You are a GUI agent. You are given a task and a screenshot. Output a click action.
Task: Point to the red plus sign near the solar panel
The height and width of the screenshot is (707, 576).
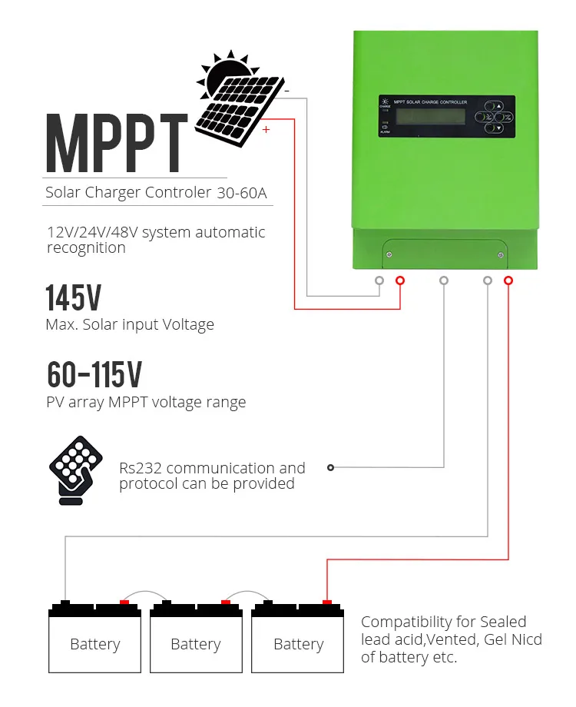click(x=266, y=130)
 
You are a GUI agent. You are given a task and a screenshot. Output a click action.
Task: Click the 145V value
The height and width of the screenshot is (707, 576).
click(x=73, y=298)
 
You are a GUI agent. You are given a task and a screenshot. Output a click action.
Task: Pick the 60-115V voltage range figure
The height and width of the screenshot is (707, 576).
click(x=94, y=374)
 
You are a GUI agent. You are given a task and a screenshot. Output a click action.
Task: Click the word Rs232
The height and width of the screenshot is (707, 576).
click(x=140, y=468)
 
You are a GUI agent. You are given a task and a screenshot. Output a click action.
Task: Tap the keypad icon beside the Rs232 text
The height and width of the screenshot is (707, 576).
click(x=75, y=470)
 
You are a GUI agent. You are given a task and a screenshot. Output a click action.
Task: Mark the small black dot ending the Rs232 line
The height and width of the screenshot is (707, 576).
click(x=330, y=467)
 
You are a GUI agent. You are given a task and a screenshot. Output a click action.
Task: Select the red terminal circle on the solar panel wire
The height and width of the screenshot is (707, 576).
click(x=399, y=280)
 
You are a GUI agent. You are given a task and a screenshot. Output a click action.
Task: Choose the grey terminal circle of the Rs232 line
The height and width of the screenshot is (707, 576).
click(x=443, y=280)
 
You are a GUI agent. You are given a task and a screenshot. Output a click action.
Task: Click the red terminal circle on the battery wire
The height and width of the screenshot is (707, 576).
click(x=508, y=280)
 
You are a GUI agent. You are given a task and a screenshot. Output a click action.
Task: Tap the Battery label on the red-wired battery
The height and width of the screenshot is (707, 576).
click(x=299, y=644)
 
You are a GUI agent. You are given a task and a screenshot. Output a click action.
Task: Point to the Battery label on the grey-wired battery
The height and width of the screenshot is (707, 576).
click(x=95, y=644)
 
